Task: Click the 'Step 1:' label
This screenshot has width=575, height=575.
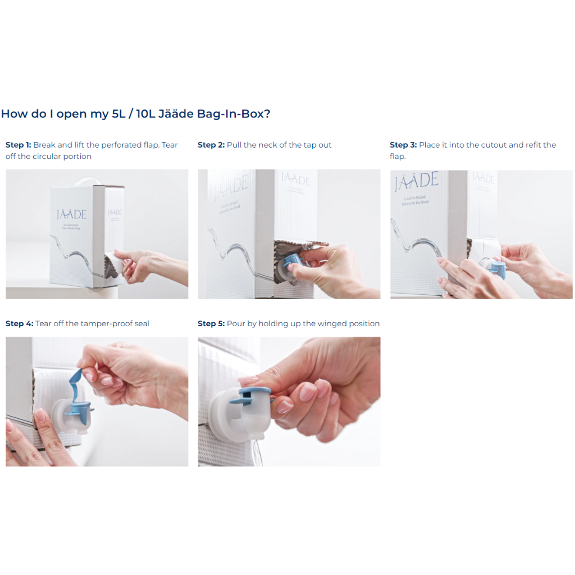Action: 19,145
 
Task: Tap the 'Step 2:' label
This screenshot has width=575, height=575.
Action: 211,145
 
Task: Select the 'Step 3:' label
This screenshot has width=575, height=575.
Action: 403,145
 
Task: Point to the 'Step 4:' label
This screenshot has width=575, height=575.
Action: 20,323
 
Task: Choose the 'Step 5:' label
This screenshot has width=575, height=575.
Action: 211,323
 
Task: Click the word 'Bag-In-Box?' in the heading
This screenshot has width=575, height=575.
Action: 234,113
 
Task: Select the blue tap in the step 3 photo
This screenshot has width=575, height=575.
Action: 499,269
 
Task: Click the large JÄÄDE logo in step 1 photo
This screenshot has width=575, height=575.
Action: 71,214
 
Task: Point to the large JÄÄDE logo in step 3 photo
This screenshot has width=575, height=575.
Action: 416,181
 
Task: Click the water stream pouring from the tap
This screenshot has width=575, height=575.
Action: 258,454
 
